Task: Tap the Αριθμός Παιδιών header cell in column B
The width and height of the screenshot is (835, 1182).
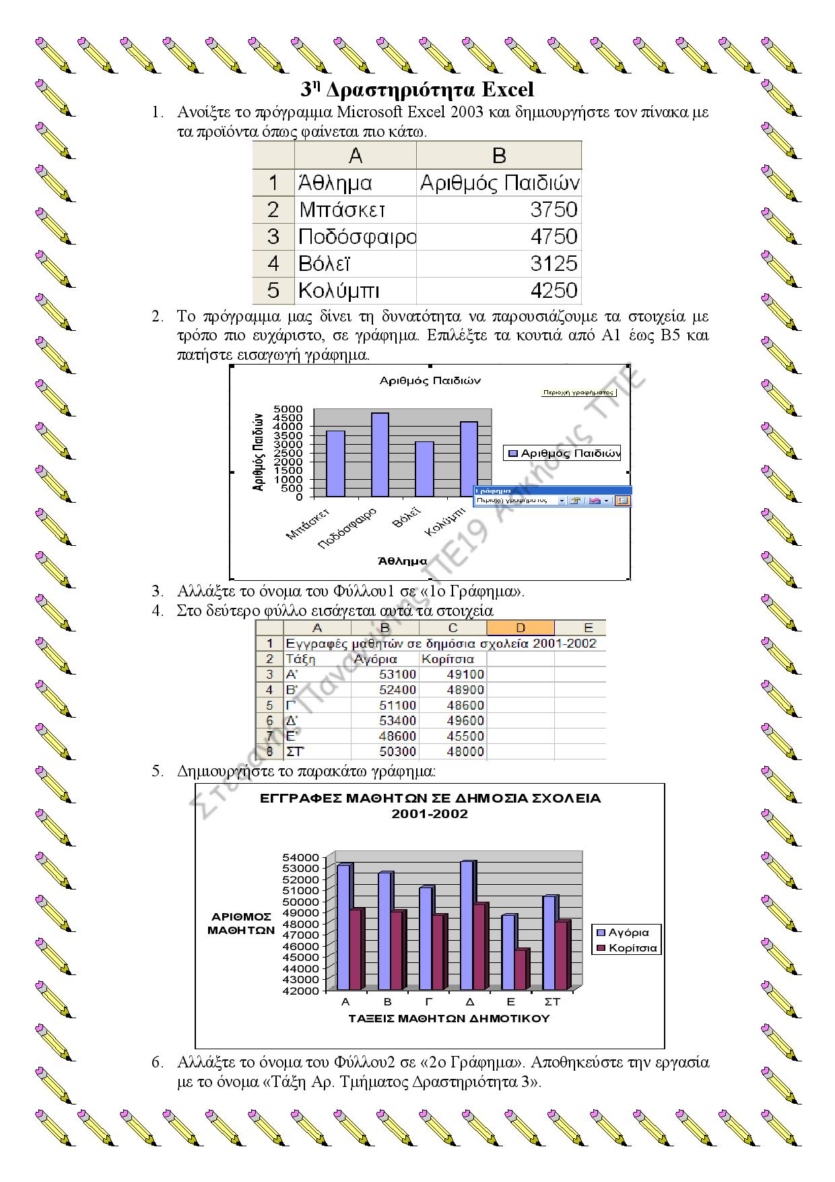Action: pos(498,183)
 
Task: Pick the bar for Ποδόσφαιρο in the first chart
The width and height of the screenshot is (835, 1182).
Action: pos(380,454)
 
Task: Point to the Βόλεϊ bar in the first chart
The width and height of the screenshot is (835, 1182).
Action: pos(424,469)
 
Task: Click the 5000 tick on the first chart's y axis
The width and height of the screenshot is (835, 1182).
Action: pos(289,409)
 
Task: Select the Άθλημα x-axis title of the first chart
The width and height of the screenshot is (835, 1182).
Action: pos(402,561)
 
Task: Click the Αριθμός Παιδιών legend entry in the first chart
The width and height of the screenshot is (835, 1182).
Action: pos(563,454)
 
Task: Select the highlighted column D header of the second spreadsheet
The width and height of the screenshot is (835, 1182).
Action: pos(520,628)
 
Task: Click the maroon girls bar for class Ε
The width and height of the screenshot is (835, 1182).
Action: pos(521,970)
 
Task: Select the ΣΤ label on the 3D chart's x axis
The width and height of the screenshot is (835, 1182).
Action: pos(552,1002)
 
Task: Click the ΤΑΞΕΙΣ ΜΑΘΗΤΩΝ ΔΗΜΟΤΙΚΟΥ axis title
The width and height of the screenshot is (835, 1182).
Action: pos(448,1018)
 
